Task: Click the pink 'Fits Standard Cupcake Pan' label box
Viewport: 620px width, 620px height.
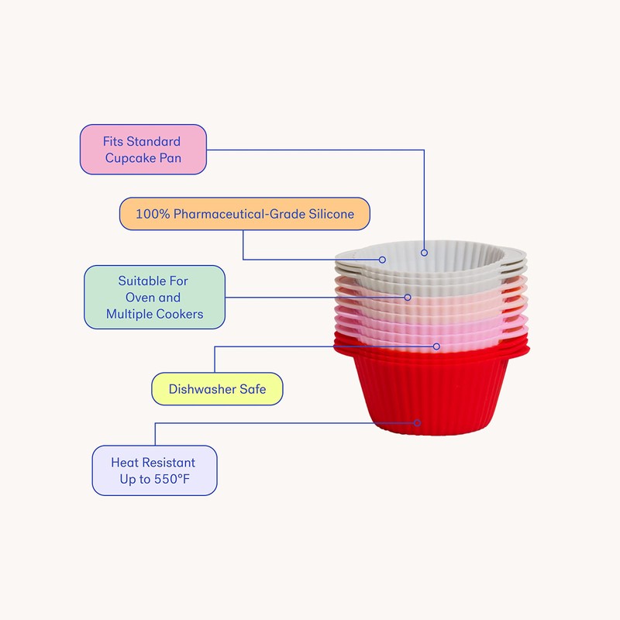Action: point(143,150)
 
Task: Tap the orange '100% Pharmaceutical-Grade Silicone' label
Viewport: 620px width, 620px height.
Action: point(245,214)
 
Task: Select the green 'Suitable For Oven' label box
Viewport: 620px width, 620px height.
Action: point(154,297)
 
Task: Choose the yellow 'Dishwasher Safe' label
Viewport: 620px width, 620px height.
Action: point(217,389)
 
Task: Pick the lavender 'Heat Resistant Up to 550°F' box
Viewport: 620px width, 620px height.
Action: point(154,470)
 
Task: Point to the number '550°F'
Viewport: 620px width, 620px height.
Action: point(171,480)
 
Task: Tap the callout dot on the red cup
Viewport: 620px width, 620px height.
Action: point(417,422)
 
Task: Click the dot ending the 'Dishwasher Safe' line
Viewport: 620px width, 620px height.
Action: point(436,346)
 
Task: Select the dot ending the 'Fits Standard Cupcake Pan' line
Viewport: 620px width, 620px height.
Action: point(424,252)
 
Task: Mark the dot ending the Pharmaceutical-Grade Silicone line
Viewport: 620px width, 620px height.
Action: point(382,259)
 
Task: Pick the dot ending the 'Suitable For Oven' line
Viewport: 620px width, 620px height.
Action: point(408,296)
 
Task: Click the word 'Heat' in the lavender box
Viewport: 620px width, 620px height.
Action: point(125,463)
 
